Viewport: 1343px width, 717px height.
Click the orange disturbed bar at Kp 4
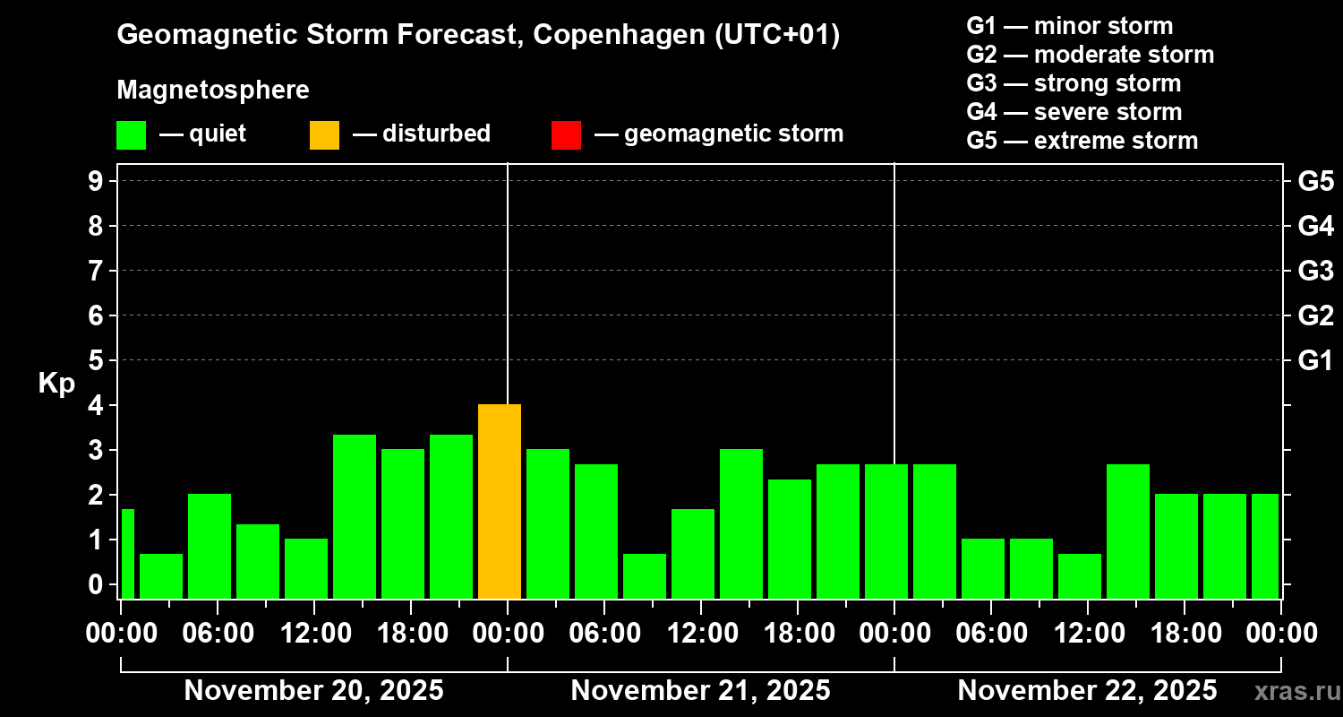tap(500, 501)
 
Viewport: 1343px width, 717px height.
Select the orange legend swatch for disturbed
tap(324, 134)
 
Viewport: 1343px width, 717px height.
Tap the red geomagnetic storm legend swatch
tap(566, 134)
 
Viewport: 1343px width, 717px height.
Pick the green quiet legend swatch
tap(131, 134)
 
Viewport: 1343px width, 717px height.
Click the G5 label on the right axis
tap(1315, 181)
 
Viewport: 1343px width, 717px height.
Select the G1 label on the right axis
tap(1315, 361)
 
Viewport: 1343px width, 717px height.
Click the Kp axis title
tap(56, 384)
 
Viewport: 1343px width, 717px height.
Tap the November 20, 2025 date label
tap(313, 691)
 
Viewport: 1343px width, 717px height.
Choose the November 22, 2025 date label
tap(1087, 691)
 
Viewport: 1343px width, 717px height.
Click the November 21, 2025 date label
tap(700, 691)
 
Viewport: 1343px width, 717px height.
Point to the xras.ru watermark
tap(1296, 691)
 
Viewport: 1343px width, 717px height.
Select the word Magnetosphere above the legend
tap(213, 91)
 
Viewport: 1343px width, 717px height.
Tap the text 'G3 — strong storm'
tap(1074, 83)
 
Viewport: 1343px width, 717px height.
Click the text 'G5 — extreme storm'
tap(1082, 141)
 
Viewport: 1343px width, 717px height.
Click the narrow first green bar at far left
tap(127, 553)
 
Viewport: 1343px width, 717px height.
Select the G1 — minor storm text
tap(1069, 26)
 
